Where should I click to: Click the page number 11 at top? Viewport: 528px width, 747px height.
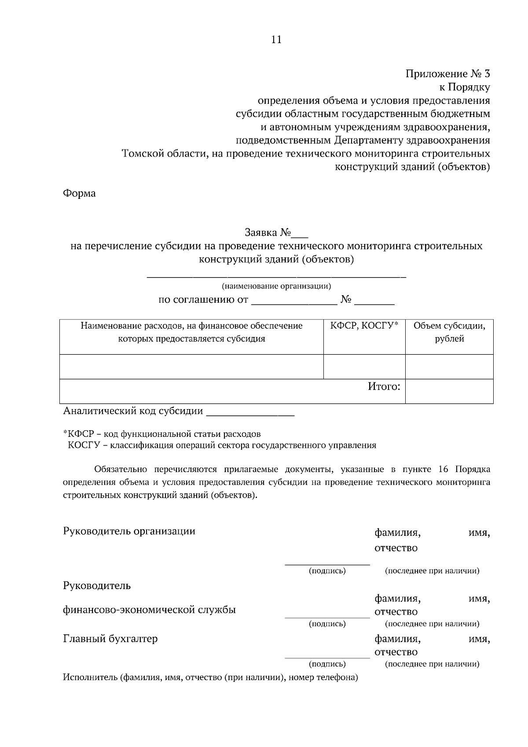point(276,40)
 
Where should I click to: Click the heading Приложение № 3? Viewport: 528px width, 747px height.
point(447,74)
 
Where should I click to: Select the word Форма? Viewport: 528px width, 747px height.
point(79,193)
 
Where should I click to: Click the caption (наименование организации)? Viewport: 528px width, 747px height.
point(276,286)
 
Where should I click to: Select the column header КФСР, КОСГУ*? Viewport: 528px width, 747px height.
point(364,326)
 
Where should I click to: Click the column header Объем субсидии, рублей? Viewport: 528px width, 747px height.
point(449,332)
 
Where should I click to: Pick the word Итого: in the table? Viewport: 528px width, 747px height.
point(384,387)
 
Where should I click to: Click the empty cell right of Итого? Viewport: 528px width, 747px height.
point(449,391)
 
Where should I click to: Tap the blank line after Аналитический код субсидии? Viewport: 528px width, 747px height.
point(250,413)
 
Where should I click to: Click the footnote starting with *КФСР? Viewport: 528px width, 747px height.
point(162,434)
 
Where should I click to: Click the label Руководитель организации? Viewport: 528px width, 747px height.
point(129,531)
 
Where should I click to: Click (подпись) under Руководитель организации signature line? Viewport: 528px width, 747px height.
point(327,571)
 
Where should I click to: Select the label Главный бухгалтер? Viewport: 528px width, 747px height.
point(110,638)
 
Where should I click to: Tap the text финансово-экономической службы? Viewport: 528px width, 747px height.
point(149,610)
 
